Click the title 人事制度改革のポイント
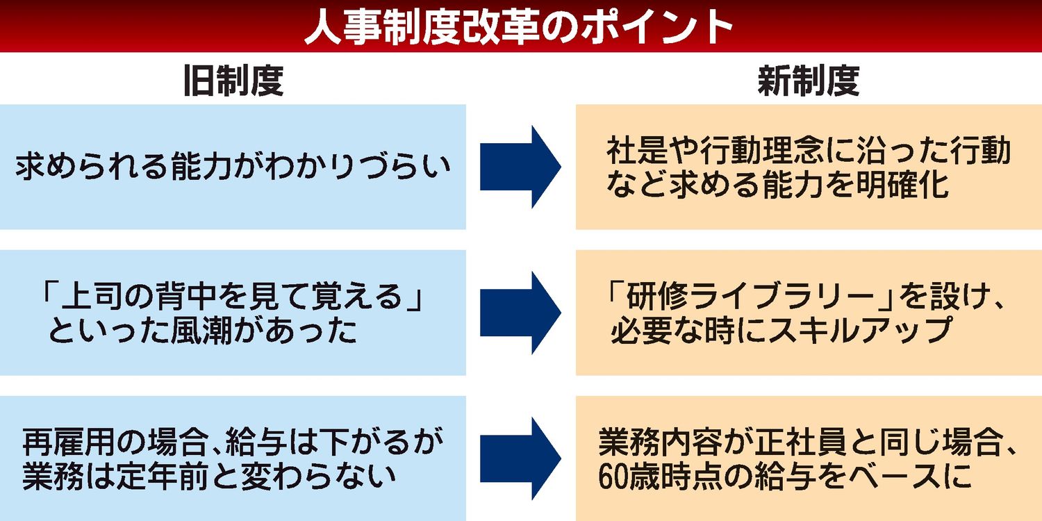(x=520, y=26)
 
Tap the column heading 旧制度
(x=233, y=81)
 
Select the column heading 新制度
(x=809, y=81)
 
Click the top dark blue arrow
(x=520, y=167)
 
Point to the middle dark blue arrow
(x=520, y=313)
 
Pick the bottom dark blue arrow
(x=520, y=458)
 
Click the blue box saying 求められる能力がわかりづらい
(x=233, y=167)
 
